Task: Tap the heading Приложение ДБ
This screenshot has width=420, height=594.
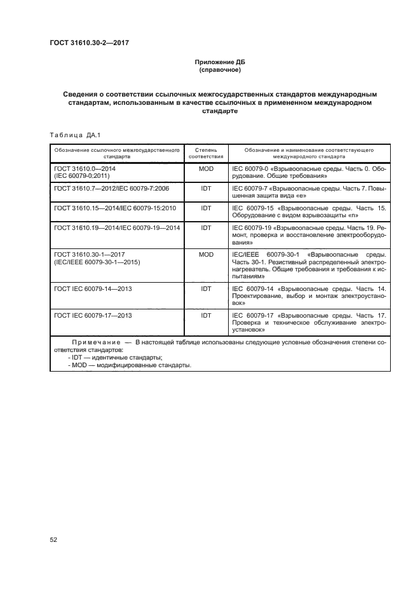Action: point(219,62)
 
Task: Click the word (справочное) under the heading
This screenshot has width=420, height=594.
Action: point(219,70)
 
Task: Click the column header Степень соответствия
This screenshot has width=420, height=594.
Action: point(206,152)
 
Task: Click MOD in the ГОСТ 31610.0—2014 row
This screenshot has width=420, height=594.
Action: point(206,170)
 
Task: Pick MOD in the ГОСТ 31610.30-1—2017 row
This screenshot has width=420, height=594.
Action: point(206,254)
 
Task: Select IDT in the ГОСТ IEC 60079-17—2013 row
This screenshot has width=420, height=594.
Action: point(206,314)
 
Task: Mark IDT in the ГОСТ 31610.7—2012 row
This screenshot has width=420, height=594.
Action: point(206,189)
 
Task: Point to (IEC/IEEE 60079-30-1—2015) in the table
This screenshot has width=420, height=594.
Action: point(97,262)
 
